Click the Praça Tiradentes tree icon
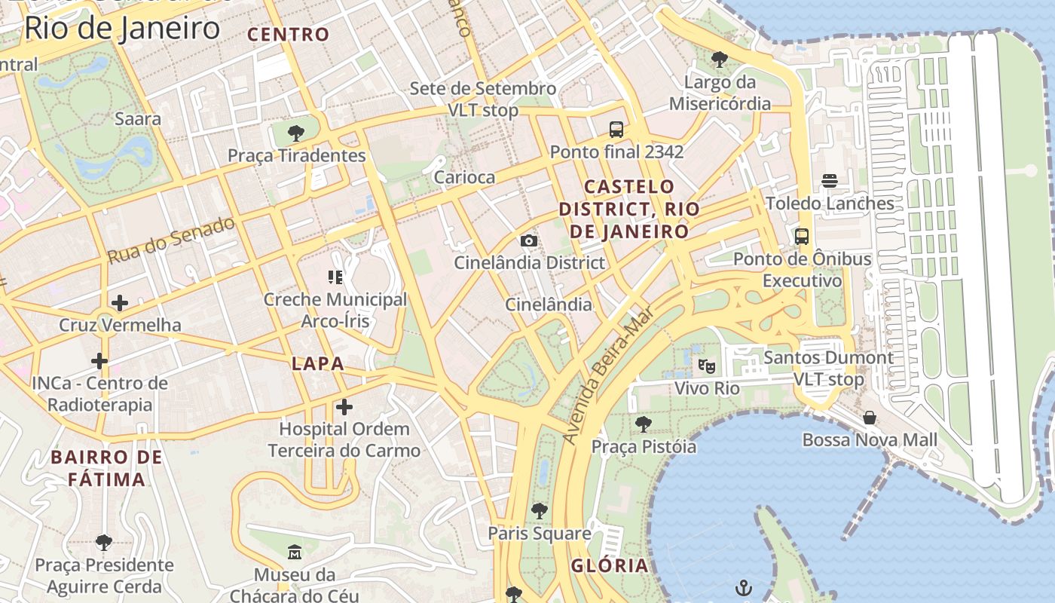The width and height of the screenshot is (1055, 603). point(296,133)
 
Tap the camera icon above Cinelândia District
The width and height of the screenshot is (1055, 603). point(529,240)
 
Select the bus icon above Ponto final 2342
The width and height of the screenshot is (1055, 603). point(616,130)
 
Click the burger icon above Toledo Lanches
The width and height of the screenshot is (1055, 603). point(830,181)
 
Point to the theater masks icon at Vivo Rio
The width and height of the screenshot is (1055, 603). point(706,366)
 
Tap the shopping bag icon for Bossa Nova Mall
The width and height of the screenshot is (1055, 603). point(870,418)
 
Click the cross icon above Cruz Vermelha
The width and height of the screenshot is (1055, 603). point(119,303)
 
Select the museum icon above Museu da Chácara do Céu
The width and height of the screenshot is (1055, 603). point(294,552)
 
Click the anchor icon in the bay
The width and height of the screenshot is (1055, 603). point(744,587)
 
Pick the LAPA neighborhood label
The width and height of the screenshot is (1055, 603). point(317,363)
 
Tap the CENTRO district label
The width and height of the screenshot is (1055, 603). point(289,34)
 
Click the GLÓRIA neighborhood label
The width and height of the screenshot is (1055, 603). point(609,565)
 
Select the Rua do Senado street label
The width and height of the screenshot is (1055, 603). point(171,240)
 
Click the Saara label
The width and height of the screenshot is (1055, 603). point(138,118)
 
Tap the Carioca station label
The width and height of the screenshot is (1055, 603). point(464,177)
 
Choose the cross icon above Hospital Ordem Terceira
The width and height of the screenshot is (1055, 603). point(344,407)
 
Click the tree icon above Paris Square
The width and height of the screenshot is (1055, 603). point(539,511)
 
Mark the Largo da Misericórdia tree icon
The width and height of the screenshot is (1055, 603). point(720,59)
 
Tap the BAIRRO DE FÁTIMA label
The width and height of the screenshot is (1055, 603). point(106,468)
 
